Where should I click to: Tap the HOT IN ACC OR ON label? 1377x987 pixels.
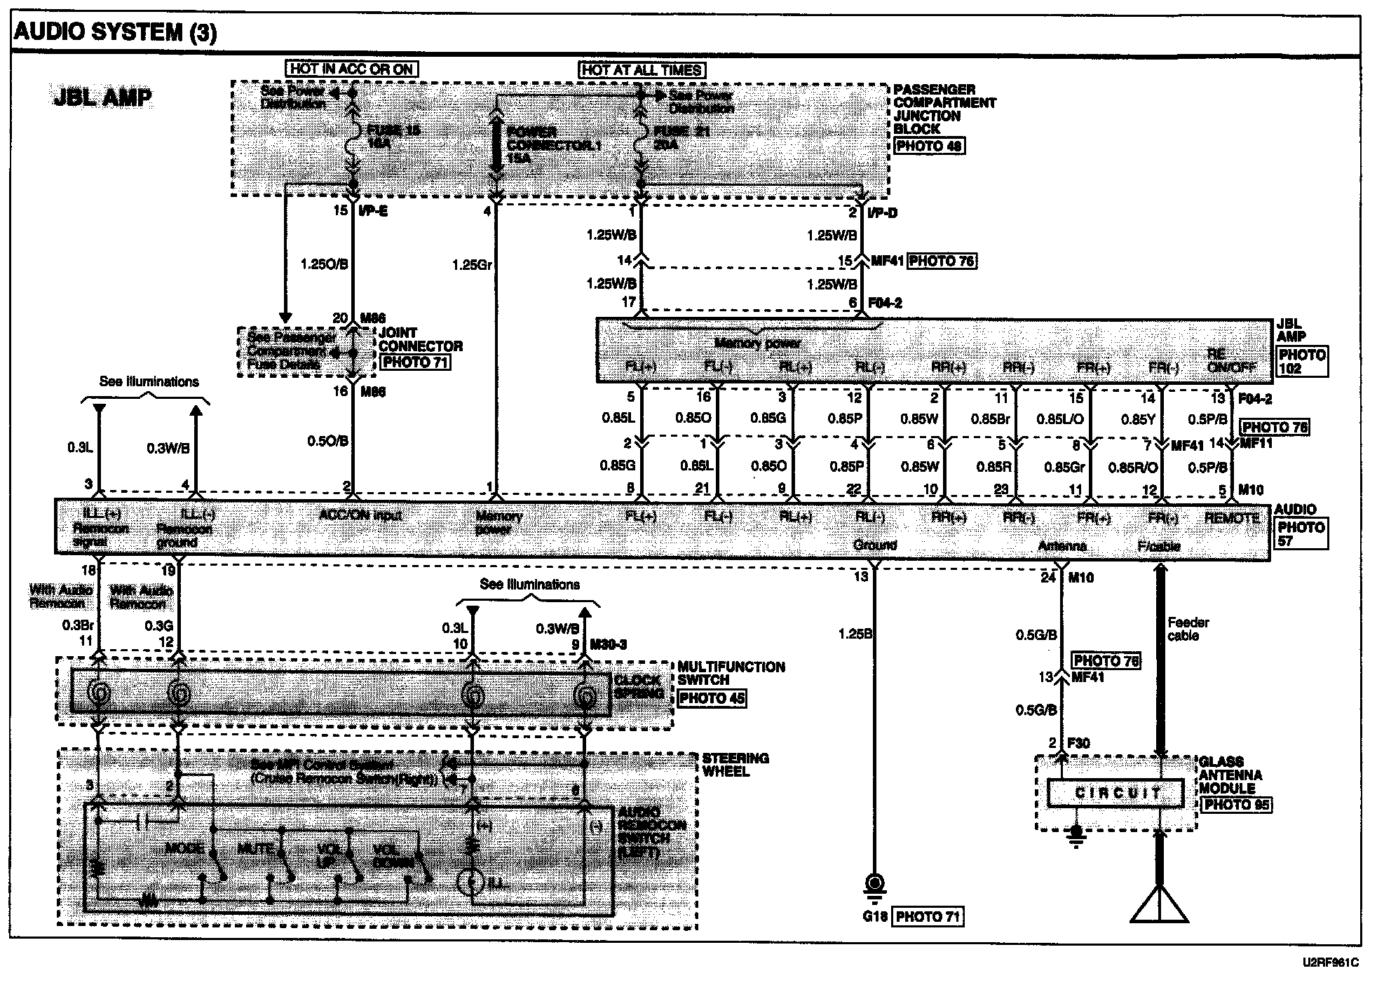coord(351,69)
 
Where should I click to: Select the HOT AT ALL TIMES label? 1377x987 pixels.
coord(642,70)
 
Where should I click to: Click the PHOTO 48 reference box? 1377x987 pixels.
coord(929,146)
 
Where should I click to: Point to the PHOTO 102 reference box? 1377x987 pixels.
coord(1303,362)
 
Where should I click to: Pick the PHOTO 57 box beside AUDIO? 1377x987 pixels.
coord(1301,534)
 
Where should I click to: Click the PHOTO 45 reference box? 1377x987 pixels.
coord(712,698)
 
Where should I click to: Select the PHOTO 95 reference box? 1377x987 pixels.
coord(1237,805)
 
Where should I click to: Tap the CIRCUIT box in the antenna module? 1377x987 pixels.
coord(1118,793)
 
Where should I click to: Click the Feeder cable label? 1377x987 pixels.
coord(1188,629)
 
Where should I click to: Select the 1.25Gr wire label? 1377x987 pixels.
coord(472,265)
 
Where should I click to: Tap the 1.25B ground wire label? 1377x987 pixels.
coord(855,634)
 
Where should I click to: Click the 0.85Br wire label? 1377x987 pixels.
coord(989,418)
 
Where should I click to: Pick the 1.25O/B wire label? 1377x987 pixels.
coord(323,265)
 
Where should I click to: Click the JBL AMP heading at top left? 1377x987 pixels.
coord(102,97)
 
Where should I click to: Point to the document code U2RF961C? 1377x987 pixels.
coord(1329,962)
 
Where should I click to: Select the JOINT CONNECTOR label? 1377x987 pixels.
coord(420,339)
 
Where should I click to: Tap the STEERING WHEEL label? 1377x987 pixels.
coord(735,765)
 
